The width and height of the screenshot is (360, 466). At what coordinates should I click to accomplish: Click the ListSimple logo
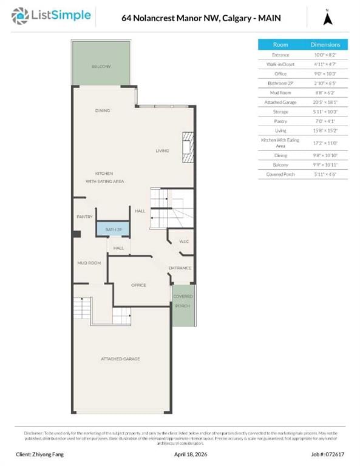tap(54, 16)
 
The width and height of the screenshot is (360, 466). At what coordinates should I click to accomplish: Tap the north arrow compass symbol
tap(327, 18)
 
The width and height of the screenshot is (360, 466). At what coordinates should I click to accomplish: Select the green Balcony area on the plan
tap(101, 64)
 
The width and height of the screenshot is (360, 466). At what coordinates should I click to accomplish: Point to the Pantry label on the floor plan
tap(84, 217)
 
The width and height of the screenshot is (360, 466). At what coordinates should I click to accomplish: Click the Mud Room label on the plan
tap(89, 263)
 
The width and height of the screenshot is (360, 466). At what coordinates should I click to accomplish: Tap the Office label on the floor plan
tap(139, 285)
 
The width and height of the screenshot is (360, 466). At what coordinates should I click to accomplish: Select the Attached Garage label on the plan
tap(120, 359)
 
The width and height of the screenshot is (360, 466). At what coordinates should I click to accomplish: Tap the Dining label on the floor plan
tap(102, 110)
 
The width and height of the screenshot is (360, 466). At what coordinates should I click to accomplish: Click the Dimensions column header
tap(325, 44)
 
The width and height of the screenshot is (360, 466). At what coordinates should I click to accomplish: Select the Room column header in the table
tap(280, 44)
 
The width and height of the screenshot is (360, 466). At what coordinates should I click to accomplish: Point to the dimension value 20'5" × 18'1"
tap(325, 102)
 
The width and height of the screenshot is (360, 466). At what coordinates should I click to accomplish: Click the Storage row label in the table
tap(280, 112)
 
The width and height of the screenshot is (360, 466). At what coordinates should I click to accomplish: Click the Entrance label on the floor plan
tap(180, 268)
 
